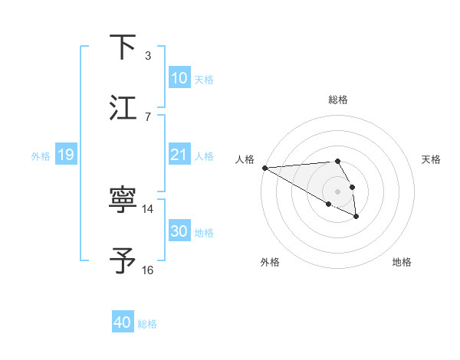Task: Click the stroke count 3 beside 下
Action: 147,55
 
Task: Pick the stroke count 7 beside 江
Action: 147,116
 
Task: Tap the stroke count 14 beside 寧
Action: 148,208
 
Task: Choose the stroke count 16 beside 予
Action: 148,270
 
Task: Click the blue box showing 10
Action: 179,78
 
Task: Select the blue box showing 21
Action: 179,155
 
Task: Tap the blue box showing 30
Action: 179,231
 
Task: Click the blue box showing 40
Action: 122,322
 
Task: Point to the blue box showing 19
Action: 65,155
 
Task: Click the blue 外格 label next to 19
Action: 41,155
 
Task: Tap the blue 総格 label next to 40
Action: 147,324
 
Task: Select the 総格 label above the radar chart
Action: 338,100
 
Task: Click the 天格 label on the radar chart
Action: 431,159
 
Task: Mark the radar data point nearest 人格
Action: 264,168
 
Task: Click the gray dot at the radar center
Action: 338,191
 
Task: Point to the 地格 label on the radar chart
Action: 402,262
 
